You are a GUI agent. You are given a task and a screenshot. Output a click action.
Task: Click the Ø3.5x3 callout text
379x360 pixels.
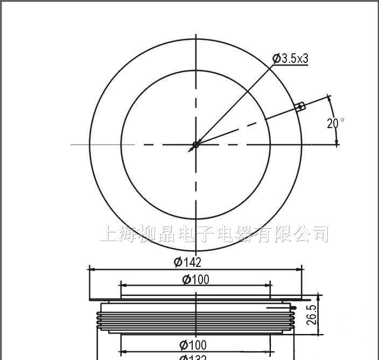click(291, 59)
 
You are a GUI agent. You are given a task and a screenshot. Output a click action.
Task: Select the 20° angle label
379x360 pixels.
click(334, 123)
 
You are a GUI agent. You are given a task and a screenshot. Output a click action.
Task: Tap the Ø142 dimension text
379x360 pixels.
click(187, 262)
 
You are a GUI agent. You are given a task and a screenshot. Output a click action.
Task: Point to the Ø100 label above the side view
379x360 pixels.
click(195, 279)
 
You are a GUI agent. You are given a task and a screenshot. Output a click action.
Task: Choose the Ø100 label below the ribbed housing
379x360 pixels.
click(195, 344)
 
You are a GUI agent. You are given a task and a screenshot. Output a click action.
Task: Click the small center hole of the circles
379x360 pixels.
click(196, 144)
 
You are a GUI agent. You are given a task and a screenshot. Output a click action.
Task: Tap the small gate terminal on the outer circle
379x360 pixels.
click(301, 107)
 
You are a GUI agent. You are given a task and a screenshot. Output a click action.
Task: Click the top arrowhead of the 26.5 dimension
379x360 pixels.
click(320, 297)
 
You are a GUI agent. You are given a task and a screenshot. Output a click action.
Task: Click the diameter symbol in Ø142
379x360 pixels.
click(177, 262)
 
